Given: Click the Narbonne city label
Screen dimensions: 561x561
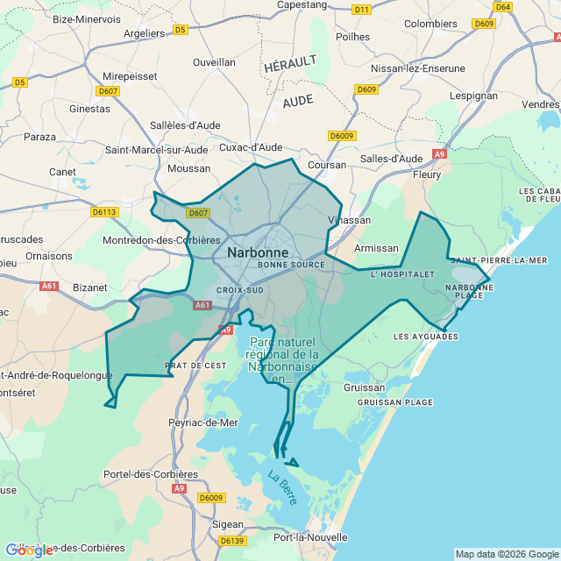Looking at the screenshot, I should pos(257,252).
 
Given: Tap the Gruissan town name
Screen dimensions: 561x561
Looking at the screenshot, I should pos(364,387).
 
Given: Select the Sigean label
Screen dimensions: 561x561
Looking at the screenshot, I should pos(228,524).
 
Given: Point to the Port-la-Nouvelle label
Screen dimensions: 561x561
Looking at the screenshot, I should pos(310,537).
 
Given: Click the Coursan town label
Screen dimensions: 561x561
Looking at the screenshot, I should pos(327,164).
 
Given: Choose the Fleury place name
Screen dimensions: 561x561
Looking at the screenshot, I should pos(427,174).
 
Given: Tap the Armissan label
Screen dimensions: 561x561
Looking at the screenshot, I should pos(375,248).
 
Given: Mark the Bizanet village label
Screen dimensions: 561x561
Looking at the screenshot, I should pos(89,287).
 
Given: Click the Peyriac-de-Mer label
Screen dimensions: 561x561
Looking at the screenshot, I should pos(202,423).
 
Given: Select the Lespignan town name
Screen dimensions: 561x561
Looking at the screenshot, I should pos(472,96).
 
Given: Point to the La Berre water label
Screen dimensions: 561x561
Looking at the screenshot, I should pos(283,488).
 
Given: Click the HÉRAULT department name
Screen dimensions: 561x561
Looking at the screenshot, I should pos(289,65).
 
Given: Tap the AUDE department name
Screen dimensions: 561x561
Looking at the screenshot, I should pos(298,101).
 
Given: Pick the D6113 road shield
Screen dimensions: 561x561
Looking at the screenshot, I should pos(104,212).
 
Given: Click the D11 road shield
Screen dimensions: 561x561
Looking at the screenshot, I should pos(361,10).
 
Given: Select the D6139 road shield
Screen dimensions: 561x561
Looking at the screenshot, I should pos(231,541).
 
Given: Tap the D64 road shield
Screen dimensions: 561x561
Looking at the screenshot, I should pos(502,7).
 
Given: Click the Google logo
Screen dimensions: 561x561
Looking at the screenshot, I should pos(28,550).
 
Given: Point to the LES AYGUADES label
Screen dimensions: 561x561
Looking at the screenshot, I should pos(425,337).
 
